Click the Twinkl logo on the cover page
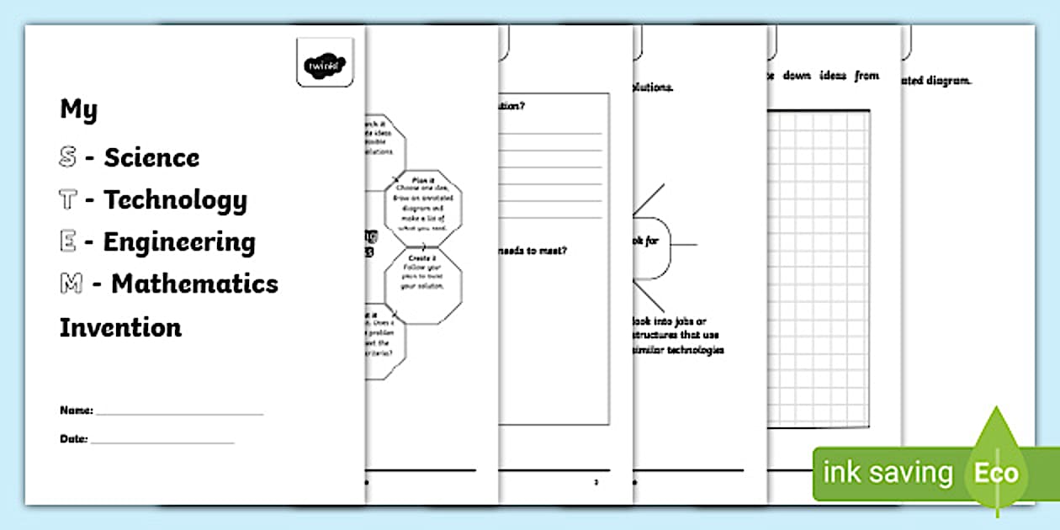coord(325,62)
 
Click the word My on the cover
coord(78,109)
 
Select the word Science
coord(151,157)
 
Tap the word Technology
coord(175,200)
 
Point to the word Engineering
coord(179,242)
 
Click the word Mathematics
coord(194,284)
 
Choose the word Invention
coord(120,327)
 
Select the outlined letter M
coord(71,284)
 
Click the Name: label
coord(76,411)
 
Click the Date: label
coord(73,438)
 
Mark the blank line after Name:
coord(179,414)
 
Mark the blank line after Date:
coord(162,442)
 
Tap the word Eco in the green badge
coord(996,473)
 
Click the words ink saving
coord(887,473)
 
